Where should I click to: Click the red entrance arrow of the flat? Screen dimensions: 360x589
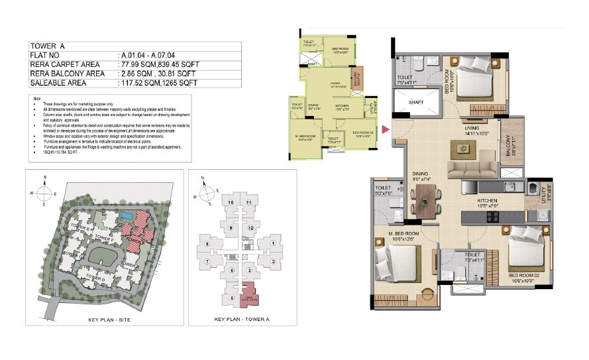coord(386,129)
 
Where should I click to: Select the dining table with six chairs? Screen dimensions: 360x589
coord(427,200)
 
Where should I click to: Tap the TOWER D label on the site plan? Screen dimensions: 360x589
coord(97,279)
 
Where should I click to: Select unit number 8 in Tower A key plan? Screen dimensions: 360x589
coord(207,244)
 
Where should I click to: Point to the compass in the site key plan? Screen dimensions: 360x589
coord(44,193)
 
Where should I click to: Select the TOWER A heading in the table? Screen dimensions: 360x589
coord(44,46)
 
